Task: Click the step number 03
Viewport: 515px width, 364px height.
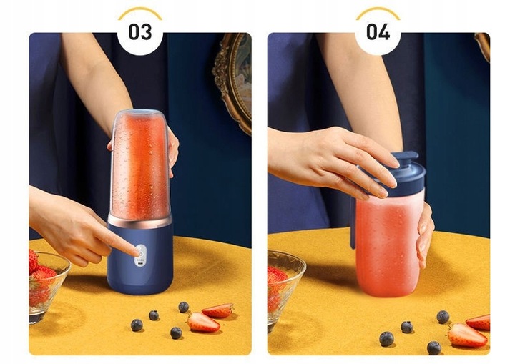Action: click(139, 31)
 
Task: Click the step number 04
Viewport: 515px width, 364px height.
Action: click(378, 31)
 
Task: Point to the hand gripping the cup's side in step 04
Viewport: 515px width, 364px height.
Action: click(425, 229)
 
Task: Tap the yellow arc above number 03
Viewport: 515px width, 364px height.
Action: click(139, 11)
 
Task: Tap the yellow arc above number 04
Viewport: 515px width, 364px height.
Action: click(378, 11)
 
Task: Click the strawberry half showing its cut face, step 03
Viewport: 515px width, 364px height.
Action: click(204, 323)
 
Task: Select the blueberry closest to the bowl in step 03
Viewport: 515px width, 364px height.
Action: click(137, 325)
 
